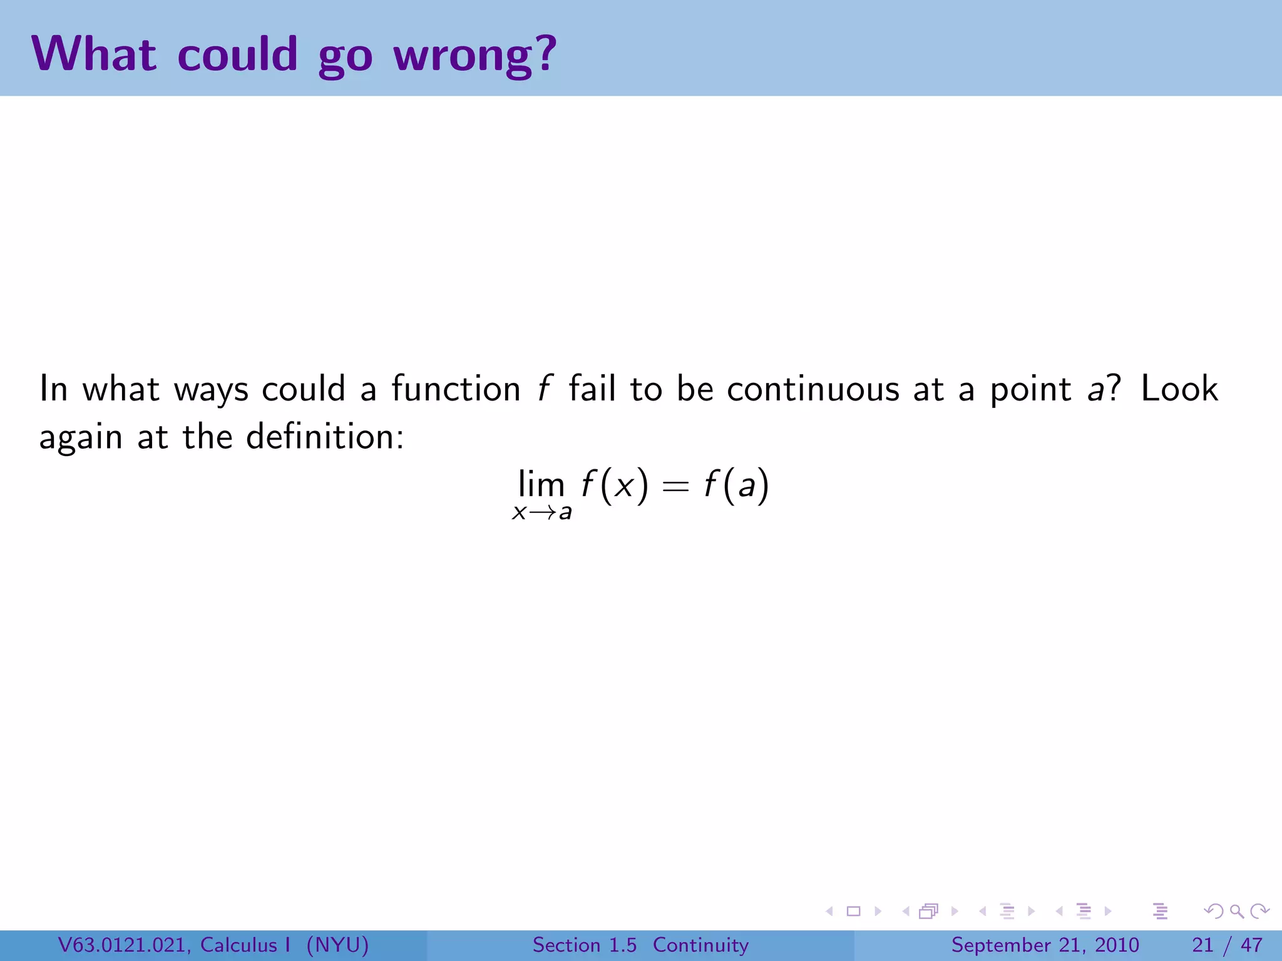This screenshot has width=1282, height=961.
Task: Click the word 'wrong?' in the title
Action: coord(474,55)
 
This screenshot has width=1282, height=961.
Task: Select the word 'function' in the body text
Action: coord(456,389)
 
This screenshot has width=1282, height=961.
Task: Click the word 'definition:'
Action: coord(325,437)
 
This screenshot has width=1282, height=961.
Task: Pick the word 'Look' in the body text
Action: coord(1179,389)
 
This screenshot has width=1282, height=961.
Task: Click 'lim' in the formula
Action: coord(541,484)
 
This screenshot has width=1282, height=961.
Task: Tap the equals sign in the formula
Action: coord(675,487)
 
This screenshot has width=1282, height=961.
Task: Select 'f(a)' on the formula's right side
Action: coord(736,486)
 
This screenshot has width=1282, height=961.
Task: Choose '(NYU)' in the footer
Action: coord(337,945)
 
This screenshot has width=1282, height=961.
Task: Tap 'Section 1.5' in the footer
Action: coord(584,945)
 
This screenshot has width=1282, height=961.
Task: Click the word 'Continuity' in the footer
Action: coord(700,945)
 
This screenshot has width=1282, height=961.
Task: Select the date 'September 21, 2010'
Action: coord(1045,945)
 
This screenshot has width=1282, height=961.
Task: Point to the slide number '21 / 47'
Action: coord(1227,945)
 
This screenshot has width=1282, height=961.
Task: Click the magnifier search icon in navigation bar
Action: coord(1236,912)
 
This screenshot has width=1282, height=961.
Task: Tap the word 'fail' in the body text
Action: coord(592,389)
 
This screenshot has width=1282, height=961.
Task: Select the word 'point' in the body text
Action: coord(1030,389)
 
